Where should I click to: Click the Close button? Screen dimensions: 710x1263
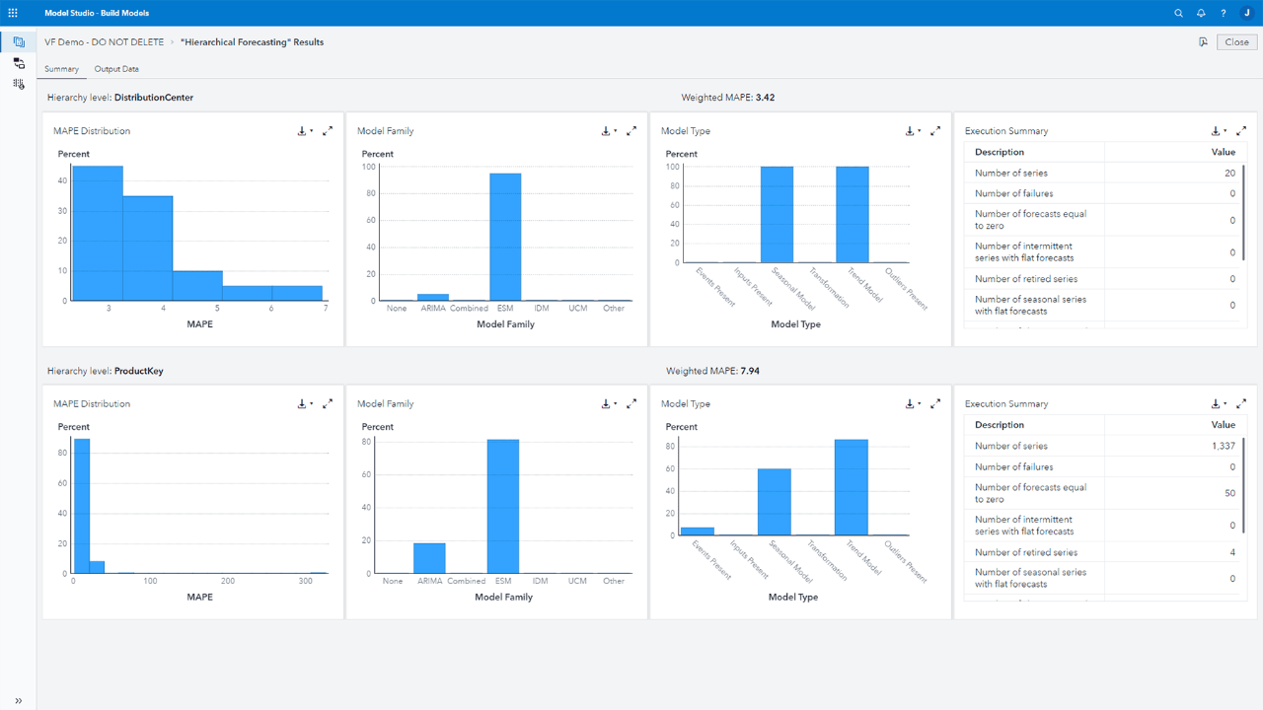pyautogui.click(x=1236, y=42)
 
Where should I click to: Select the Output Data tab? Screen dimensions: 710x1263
pyautogui.click(x=116, y=69)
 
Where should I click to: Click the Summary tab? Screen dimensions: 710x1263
pyautogui.click(x=61, y=69)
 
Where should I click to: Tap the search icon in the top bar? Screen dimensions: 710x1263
pyautogui.click(x=1178, y=13)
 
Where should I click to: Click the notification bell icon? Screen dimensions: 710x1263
pyautogui.click(x=1201, y=13)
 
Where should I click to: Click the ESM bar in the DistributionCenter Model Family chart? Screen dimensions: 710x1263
pyautogui.click(x=505, y=237)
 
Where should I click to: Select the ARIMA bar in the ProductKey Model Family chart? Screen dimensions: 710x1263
pyautogui.click(x=429, y=558)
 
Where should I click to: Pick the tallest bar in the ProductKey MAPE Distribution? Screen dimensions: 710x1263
pyautogui.click(x=81, y=506)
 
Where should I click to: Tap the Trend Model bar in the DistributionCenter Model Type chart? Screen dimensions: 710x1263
pyautogui.click(x=853, y=214)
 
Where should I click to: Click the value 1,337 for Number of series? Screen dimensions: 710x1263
pyautogui.click(x=1223, y=446)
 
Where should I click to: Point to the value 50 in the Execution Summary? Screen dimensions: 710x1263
pyautogui.click(x=1229, y=493)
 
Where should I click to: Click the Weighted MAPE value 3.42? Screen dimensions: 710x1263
pyautogui.click(x=765, y=98)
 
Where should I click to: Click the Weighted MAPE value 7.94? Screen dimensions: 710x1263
pyautogui.click(x=749, y=371)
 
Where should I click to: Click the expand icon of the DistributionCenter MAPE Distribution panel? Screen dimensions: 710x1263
pyautogui.click(x=328, y=131)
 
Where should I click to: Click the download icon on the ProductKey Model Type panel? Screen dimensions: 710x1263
pyautogui.click(x=910, y=404)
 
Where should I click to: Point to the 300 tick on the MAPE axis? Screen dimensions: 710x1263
pyautogui.click(x=306, y=581)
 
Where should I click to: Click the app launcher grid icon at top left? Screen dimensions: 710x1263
pyautogui.click(x=13, y=13)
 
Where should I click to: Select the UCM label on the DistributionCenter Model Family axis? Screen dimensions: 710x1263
pyautogui.click(x=578, y=308)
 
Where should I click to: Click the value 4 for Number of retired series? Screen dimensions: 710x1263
pyautogui.click(x=1232, y=552)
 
